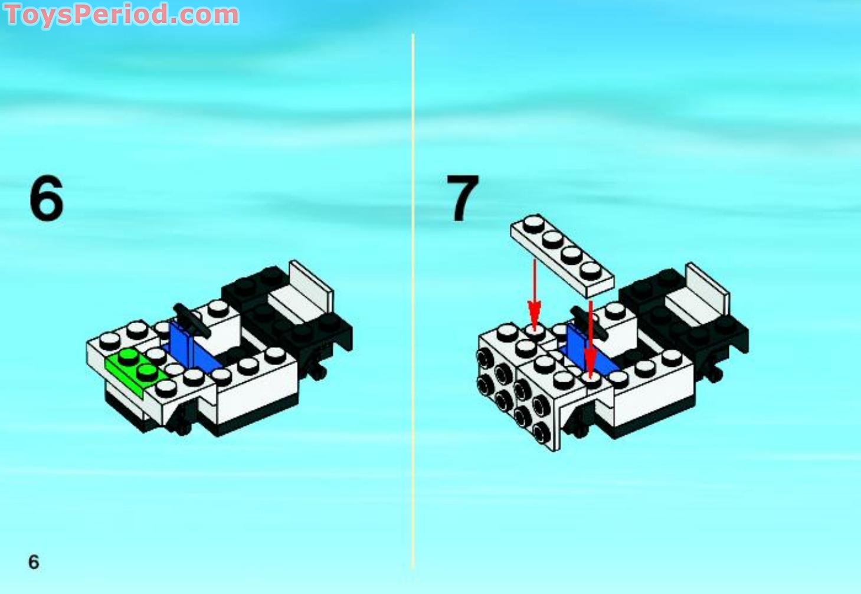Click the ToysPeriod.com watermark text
[122, 14]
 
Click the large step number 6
[46, 200]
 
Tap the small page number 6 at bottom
[34, 562]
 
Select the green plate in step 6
[133, 368]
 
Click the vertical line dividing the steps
[413, 295]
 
